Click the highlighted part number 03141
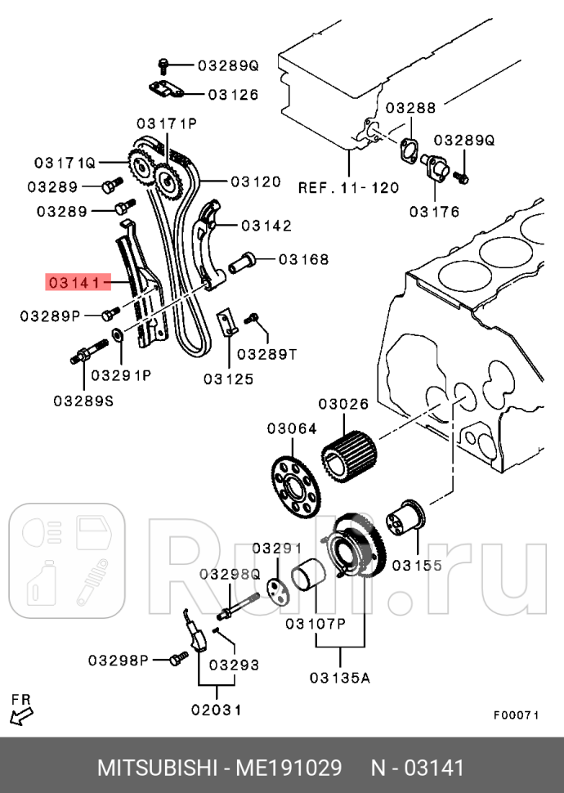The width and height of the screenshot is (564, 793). (x=77, y=283)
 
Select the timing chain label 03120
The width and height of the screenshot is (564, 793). (x=255, y=181)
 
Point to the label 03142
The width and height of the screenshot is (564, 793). (x=266, y=225)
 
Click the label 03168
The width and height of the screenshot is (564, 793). (x=303, y=260)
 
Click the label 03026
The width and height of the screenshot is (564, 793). (x=343, y=404)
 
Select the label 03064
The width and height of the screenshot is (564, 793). (x=292, y=429)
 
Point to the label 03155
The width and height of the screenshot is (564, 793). (x=416, y=564)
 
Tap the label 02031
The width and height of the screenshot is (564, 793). (x=216, y=710)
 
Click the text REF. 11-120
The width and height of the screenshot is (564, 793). (x=348, y=187)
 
